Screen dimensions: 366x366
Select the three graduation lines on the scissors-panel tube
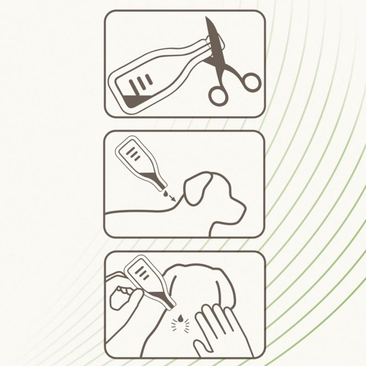click(145, 81)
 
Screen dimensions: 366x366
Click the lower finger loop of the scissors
click(218, 95)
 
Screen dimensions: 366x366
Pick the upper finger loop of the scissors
click(249, 81)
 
